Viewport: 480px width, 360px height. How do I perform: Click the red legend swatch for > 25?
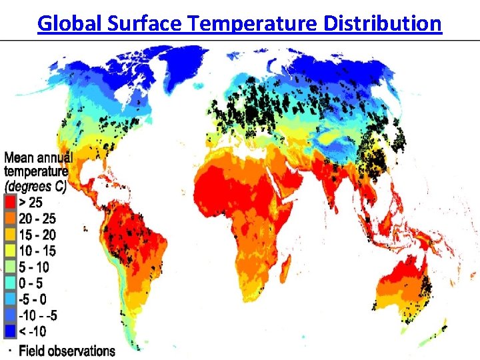(11, 202)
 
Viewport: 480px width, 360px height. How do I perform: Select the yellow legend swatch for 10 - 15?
(11, 251)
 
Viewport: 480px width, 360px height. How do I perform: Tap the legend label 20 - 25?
(39, 219)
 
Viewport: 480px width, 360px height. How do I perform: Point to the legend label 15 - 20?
(39, 235)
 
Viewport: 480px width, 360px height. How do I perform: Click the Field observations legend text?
(67, 350)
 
